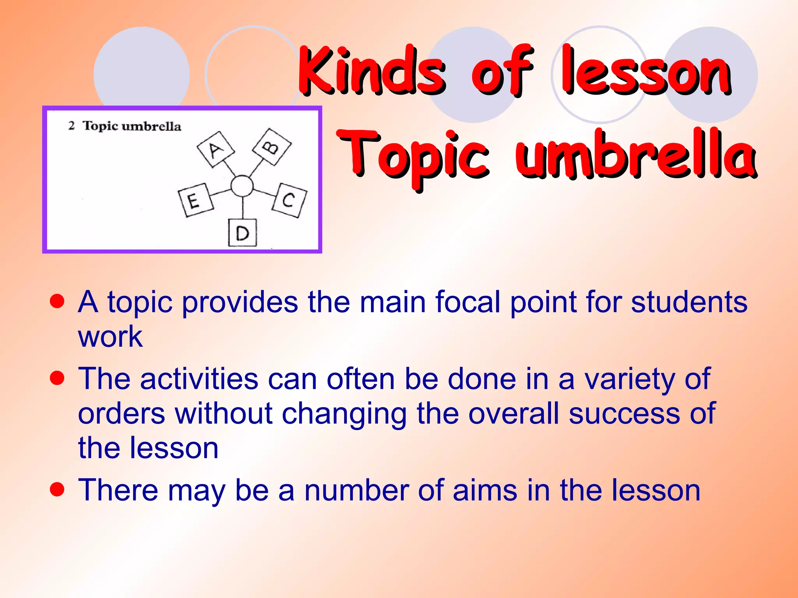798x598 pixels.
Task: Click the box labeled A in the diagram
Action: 215,149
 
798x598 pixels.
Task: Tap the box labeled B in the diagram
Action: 272,147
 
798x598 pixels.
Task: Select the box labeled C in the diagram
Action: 290,200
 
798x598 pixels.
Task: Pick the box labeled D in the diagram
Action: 242,233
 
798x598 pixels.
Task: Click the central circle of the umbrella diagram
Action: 242,186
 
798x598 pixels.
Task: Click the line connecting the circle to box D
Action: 243,208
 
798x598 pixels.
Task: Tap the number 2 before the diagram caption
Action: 71,126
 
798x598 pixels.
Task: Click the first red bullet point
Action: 57,301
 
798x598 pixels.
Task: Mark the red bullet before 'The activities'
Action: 57,378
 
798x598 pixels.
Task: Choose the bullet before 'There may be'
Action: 57,489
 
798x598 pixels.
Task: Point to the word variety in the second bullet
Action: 629,379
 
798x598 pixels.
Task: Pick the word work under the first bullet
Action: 110,336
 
